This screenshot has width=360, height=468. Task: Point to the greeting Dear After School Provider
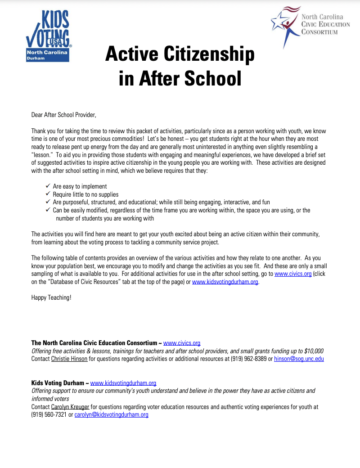(x=64, y=115)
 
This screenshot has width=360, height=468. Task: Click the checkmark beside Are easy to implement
(x=48, y=186)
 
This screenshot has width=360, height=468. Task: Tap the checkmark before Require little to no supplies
(x=48, y=194)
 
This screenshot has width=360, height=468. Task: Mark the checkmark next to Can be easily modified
(x=48, y=210)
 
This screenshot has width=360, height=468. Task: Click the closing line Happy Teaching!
(x=51, y=297)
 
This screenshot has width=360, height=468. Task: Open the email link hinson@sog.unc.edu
(x=299, y=359)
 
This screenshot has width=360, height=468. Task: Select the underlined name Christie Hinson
(x=69, y=359)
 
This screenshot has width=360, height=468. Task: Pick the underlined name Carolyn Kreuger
(x=70, y=407)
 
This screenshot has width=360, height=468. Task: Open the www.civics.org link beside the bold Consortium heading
(x=181, y=343)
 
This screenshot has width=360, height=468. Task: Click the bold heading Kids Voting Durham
(x=58, y=383)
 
